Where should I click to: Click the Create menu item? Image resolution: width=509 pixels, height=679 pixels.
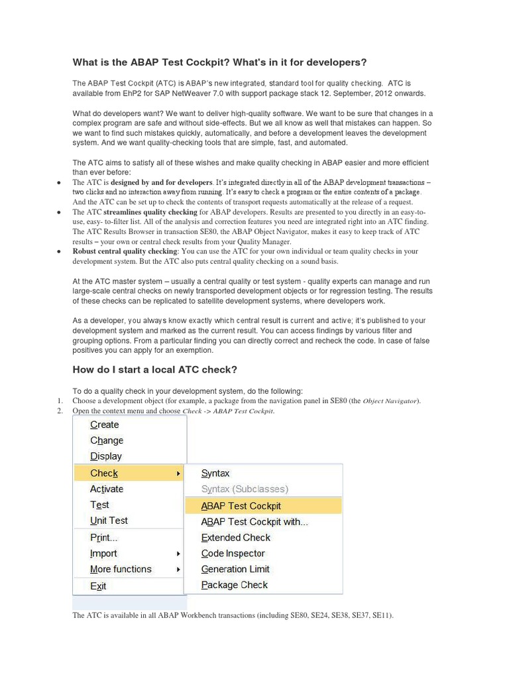(x=105, y=424)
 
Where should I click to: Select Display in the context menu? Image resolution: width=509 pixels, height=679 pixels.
(x=106, y=456)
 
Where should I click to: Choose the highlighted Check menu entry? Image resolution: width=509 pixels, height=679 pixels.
(x=104, y=473)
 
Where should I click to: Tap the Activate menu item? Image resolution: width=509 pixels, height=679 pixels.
(x=107, y=489)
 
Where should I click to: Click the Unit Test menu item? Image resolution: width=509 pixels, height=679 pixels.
(x=109, y=521)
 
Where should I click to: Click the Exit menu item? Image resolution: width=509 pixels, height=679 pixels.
(x=98, y=586)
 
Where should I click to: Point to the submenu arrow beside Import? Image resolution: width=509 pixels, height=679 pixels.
(x=178, y=554)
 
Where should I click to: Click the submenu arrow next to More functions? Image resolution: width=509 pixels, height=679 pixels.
(x=178, y=570)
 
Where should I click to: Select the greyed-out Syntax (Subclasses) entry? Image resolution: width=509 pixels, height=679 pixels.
(x=245, y=489)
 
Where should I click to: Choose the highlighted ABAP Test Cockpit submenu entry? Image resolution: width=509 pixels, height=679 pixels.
(x=241, y=506)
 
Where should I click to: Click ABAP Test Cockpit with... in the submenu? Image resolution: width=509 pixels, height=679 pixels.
(x=254, y=522)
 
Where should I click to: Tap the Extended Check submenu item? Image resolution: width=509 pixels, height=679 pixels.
(x=236, y=538)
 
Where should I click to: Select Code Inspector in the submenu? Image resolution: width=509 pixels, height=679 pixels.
(x=233, y=554)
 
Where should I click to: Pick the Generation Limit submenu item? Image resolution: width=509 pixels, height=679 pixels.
(x=235, y=569)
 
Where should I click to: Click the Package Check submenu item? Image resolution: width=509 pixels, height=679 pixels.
(x=235, y=585)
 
